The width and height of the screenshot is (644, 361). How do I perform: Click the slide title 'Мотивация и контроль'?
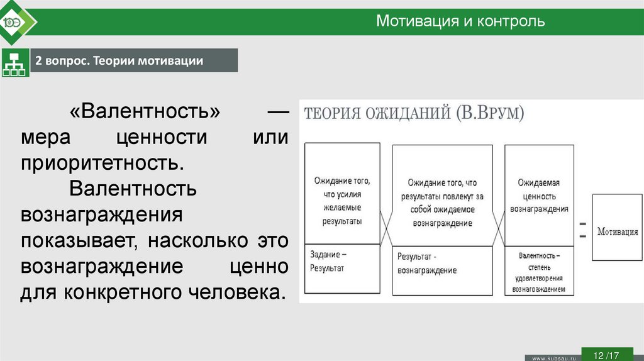[460, 21]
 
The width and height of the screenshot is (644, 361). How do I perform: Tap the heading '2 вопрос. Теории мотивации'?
[119, 60]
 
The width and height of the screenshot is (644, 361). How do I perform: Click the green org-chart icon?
[14, 62]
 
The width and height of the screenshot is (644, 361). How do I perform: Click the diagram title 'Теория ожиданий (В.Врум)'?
[414, 114]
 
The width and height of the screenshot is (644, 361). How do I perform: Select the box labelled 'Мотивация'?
[617, 231]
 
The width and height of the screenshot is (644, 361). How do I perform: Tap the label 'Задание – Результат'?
[328, 261]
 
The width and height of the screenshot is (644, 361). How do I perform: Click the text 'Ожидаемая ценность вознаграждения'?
[539, 196]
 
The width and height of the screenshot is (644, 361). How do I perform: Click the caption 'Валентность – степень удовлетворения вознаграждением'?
[539, 273]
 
